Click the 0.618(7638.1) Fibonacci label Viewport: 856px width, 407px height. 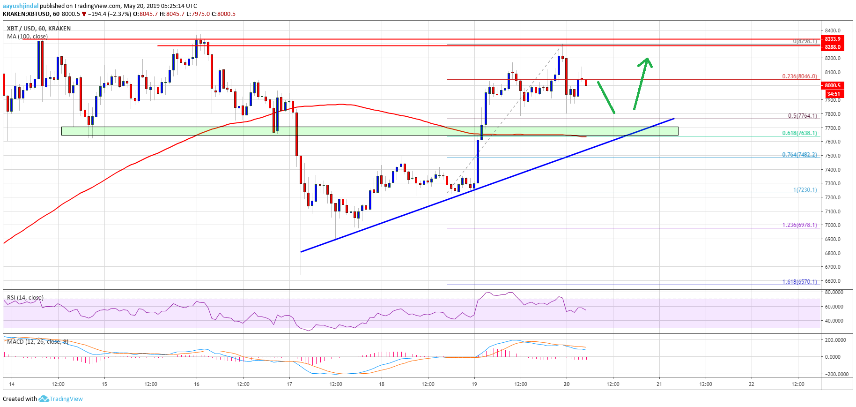tap(799, 133)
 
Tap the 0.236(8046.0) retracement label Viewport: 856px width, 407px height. tap(799, 76)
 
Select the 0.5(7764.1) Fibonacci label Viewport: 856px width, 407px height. tap(802, 116)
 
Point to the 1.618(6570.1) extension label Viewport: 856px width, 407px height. tap(799, 282)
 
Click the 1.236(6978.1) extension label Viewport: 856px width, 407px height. tap(799, 225)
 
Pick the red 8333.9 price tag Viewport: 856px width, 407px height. tap(833, 39)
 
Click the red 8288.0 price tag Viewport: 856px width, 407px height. tap(833, 47)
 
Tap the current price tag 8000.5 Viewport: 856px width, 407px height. tap(833, 85)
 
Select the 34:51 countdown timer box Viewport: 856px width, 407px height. tap(833, 94)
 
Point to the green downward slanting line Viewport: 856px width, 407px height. tap(606, 98)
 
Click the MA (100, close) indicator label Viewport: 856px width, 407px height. tap(27, 37)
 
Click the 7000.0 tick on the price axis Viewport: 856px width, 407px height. tap(833, 225)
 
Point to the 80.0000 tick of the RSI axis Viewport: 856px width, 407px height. tap(834, 292)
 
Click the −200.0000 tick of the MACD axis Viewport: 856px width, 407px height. tap(835, 374)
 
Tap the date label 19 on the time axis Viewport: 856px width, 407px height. tap(474, 384)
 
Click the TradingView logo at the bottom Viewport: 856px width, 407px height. tap(61, 399)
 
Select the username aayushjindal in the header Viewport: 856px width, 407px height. tap(21, 6)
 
